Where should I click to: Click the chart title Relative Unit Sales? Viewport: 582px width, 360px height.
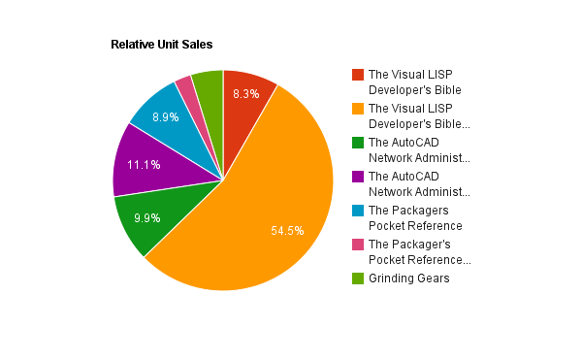[161, 45]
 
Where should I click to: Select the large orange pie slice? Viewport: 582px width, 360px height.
[260, 208]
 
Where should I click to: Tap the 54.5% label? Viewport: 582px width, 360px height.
[287, 231]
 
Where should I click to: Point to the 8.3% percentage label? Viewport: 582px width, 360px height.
[246, 94]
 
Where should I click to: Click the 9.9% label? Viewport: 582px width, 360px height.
[147, 218]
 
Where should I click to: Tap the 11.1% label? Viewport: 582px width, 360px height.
[144, 165]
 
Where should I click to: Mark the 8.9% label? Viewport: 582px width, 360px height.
[166, 117]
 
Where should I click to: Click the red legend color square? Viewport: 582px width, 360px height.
[358, 75]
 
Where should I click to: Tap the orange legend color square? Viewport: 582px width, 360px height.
[358, 109]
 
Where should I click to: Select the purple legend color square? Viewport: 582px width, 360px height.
[358, 177]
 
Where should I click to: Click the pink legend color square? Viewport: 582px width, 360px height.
[358, 245]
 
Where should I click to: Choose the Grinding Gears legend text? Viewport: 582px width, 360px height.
[409, 278]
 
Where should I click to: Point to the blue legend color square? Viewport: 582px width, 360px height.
[358, 211]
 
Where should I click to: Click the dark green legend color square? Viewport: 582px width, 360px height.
[358, 143]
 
